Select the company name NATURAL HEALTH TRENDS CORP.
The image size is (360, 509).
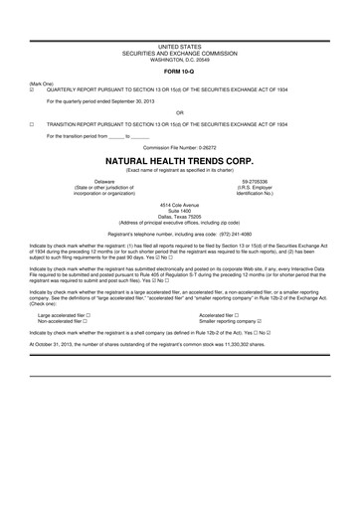point(179,159)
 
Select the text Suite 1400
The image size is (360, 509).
point(179,210)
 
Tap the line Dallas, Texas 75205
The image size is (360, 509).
point(179,216)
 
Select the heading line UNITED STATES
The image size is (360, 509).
point(179,47)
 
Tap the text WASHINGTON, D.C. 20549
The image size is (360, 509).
point(179,59)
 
